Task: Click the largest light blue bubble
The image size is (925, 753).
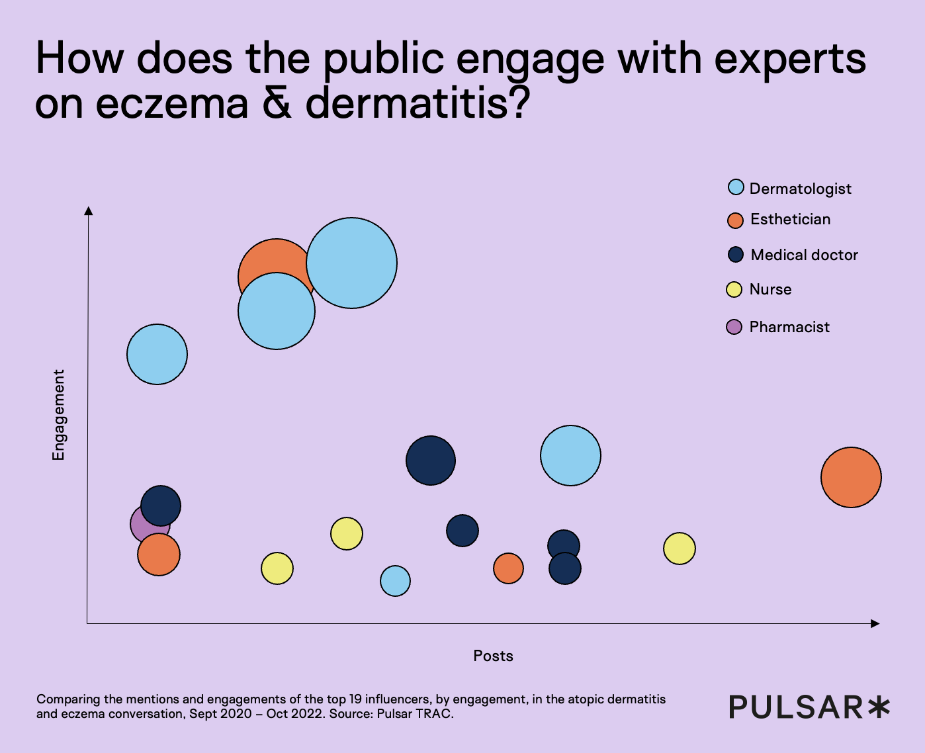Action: pos(351,263)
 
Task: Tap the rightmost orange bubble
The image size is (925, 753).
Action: pos(851,477)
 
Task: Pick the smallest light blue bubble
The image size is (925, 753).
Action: pos(395,581)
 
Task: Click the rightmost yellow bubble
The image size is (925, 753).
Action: pos(679,548)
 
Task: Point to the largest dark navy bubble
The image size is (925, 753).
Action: pos(431,461)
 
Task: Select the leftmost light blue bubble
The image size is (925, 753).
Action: pos(157,354)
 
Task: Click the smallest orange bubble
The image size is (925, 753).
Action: pos(508,568)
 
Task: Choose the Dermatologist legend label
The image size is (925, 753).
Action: pos(800,189)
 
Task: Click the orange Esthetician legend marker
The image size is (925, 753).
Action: pos(735,220)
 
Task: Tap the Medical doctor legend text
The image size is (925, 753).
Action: pos(804,255)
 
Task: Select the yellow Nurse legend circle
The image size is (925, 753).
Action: pos(734,289)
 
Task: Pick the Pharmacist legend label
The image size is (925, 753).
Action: pos(789,327)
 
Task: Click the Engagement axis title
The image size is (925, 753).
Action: pos(59,415)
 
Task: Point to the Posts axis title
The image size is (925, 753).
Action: pos(493,656)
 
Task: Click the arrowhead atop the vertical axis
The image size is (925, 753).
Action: pos(88,210)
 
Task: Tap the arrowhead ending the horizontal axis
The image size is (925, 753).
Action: pos(875,623)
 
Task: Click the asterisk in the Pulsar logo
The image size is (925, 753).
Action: pos(879,707)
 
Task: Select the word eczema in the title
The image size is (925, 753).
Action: pos(172,103)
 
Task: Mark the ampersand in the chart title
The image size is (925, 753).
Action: pos(277,103)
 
